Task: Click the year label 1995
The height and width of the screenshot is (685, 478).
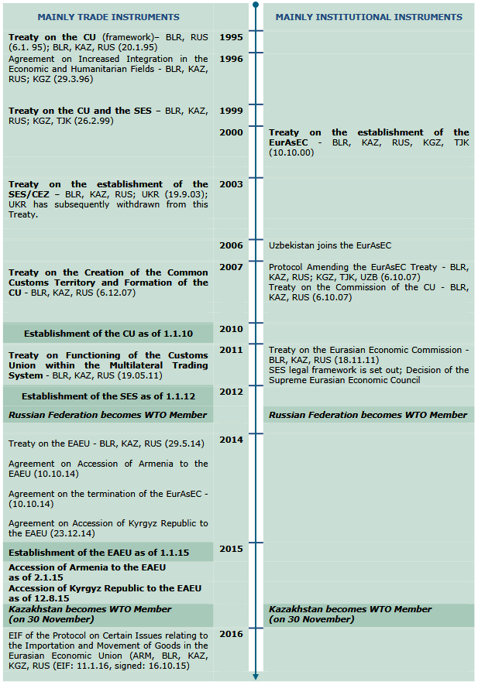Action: click(231, 37)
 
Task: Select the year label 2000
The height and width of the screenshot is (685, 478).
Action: click(231, 132)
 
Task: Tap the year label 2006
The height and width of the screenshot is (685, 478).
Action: click(231, 245)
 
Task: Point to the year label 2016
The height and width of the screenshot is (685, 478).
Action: click(231, 634)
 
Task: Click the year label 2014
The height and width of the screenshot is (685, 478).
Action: click(231, 440)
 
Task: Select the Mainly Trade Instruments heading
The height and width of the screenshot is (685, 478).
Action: click(108, 17)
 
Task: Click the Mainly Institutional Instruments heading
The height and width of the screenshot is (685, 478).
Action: click(369, 17)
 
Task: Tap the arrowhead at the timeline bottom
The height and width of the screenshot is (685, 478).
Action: click(256, 677)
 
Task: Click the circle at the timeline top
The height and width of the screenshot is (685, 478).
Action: click(256, 5)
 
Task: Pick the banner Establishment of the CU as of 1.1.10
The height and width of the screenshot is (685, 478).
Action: click(108, 334)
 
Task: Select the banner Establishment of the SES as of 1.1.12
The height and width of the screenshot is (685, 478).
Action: click(108, 396)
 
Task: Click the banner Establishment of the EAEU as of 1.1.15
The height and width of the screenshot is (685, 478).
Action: click(108, 553)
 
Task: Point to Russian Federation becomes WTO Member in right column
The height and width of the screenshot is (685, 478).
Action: click(368, 415)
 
